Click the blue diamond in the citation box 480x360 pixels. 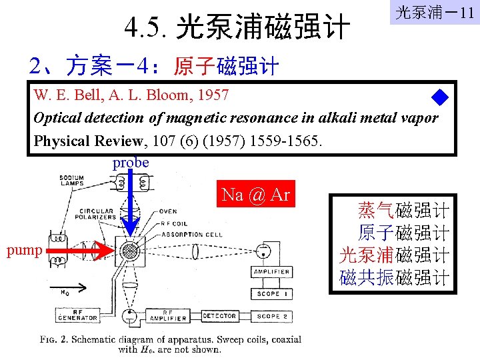coord(440,99)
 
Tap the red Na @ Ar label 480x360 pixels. coord(255,195)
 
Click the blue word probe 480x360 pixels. coord(131,163)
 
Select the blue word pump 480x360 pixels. coord(24,251)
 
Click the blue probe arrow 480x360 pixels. coord(131,203)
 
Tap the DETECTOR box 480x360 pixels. coord(219,316)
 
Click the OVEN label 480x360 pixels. coord(168,211)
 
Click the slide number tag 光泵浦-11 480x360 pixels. coord(434,12)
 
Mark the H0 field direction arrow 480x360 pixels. coord(73,289)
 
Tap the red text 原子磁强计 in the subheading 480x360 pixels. coord(226,67)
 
